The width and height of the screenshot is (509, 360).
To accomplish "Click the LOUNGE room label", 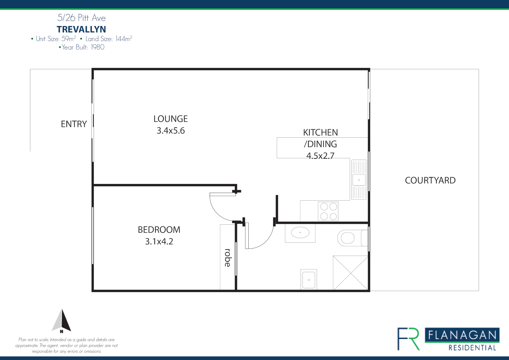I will click(170, 119).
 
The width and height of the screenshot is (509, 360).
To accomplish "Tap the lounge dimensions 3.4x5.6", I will click(170, 131).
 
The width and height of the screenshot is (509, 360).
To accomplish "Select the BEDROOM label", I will click(159, 230).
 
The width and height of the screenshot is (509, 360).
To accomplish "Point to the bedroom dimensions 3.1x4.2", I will click(159, 241).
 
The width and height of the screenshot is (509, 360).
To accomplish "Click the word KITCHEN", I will click(320, 133).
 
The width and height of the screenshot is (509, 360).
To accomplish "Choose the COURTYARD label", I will click(430, 180).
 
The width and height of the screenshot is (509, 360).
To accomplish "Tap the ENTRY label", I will click(74, 124).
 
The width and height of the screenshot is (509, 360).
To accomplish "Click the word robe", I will click(228, 258).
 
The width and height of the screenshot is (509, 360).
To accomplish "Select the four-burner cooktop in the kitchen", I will click(328, 211).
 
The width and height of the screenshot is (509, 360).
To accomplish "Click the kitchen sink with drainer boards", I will click(359, 180).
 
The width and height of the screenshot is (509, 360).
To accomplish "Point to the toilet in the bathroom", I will click(348, 238).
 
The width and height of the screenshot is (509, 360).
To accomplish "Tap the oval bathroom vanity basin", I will click(300, 232).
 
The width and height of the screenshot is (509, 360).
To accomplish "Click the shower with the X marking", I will click(350, 273).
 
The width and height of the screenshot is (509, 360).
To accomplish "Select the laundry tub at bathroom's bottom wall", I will click(309, 279).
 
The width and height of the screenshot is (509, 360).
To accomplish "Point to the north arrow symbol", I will click(62, 321).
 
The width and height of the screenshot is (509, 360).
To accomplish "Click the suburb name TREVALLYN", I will click(81, 29).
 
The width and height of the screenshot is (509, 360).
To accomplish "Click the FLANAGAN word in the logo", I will click(462, 335).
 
